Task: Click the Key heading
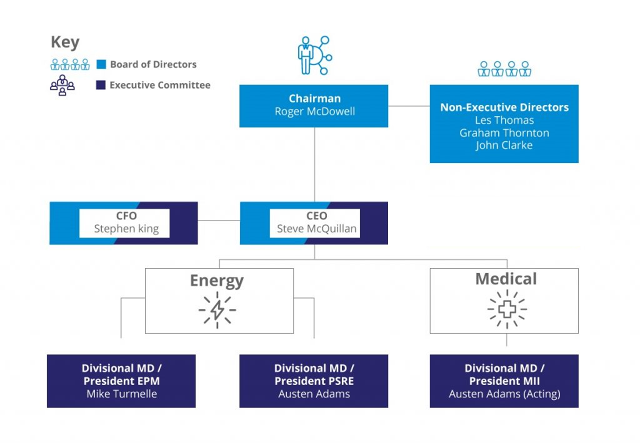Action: coord(65,42)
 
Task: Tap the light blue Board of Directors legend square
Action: coord(101,64)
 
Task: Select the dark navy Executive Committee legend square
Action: coord(100,85)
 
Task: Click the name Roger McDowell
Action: coord(314,111)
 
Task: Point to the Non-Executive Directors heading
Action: coord(504,107)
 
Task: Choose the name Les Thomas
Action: coord(504,120)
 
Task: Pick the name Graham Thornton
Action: coord(504,133)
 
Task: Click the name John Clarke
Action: coord(504,146)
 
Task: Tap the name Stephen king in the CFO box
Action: coord(126,229)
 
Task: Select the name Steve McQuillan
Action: coord(316,229)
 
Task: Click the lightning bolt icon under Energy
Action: coord(217,310)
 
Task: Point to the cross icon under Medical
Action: coord(507,309)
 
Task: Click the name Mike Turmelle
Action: coord(122,394)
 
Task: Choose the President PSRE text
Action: coord(314,381)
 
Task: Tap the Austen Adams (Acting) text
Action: coord(504,394)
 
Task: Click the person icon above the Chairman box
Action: coord(306,56)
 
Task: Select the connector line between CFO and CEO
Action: coord(219,220)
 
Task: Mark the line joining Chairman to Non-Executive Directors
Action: coord(409,106)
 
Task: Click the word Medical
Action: coord(506,279)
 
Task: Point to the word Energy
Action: coord(217,281)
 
